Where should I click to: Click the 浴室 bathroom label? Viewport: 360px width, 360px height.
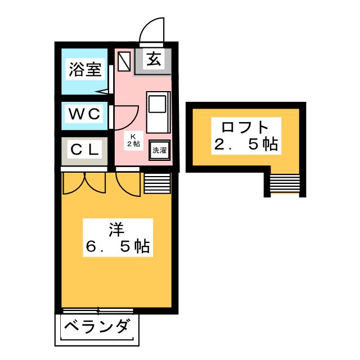(x=85, y=69)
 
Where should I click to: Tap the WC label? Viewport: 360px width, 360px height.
(x=84, y=114)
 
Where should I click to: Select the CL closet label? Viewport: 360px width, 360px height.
(x=85, y=150)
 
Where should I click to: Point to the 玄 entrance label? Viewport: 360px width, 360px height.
(x=154, y=58)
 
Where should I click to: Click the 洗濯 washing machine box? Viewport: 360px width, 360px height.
(x=160, y=150)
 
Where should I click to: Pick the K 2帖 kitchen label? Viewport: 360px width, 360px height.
(x=134, y=141)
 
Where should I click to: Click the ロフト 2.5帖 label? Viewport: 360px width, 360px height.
(x=246, y=136)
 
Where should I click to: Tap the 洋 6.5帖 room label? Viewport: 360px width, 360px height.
(x=118, y=237)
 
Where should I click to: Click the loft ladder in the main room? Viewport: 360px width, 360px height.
(x=157, y=183)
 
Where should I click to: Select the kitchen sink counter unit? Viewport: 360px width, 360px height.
(x=159, y=112)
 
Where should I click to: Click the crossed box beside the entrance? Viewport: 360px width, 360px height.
(x=124, y=61)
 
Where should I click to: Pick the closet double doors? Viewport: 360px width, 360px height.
(x=84, y=183)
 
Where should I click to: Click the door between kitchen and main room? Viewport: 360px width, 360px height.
(x=128, y=184)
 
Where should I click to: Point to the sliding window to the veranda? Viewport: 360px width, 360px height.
(x=98, y=311)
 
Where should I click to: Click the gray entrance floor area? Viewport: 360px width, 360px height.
(x=153, y=61)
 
